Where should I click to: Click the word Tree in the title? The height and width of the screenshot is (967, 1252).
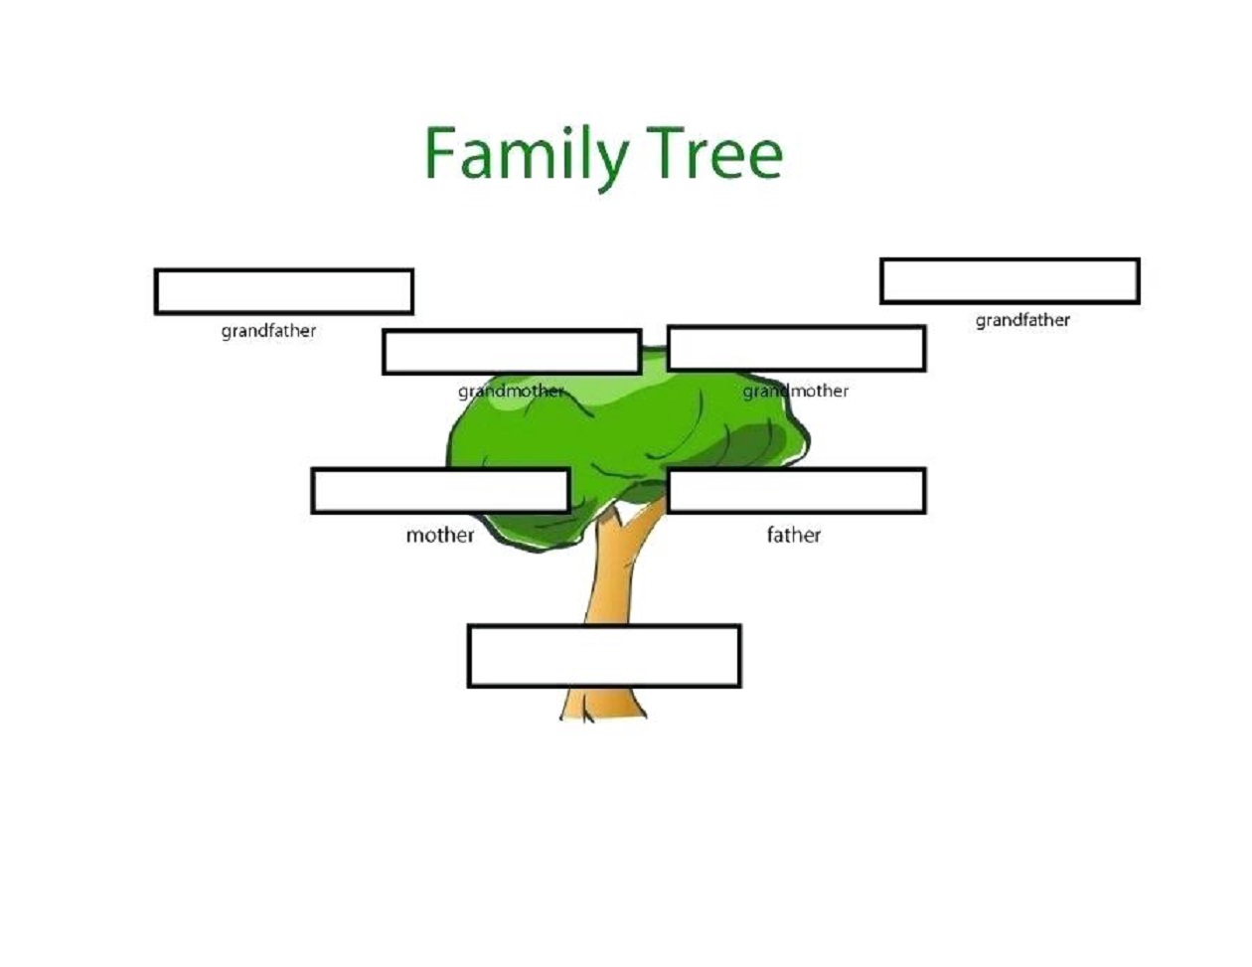pos(714,153)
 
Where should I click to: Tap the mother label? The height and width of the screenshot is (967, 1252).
pos(440,536)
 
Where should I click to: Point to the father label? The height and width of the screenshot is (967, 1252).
pos(793,535)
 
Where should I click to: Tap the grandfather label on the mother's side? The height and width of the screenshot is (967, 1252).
pos(268,331)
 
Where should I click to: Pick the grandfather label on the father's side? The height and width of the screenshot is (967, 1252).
pos(1022,320)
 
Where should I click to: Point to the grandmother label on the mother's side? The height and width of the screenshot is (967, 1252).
pos(511,392)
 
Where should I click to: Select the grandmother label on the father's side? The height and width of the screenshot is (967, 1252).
pos(795,392)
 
